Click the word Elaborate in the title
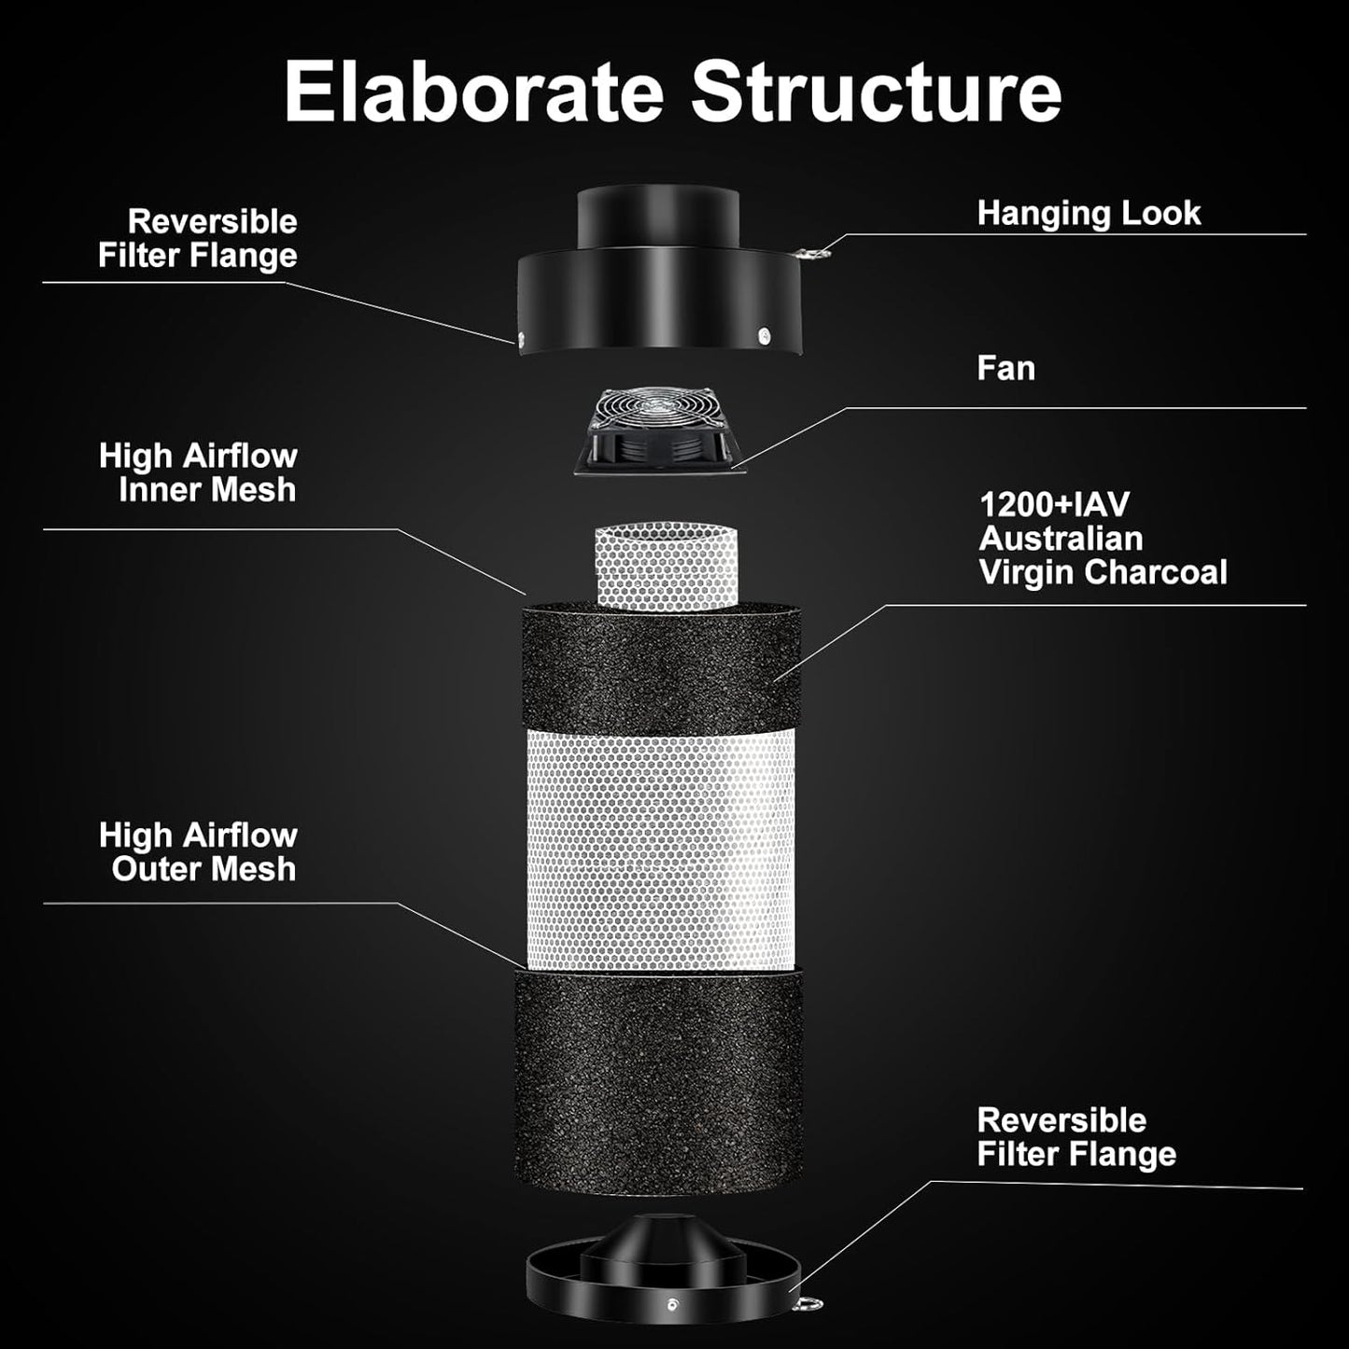[473, 91]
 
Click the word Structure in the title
[876, 91]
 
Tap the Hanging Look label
[1088, 213]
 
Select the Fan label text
[1005, 368]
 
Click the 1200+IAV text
[1053, 505]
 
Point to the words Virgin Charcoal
[1103, 572]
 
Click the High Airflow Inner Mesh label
[198, 472]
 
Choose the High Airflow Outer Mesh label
[198, 851]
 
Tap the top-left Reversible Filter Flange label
[198, 238]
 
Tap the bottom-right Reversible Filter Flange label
[1075, 1137]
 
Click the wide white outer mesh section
[661, 850]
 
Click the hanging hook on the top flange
[814, 250]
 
